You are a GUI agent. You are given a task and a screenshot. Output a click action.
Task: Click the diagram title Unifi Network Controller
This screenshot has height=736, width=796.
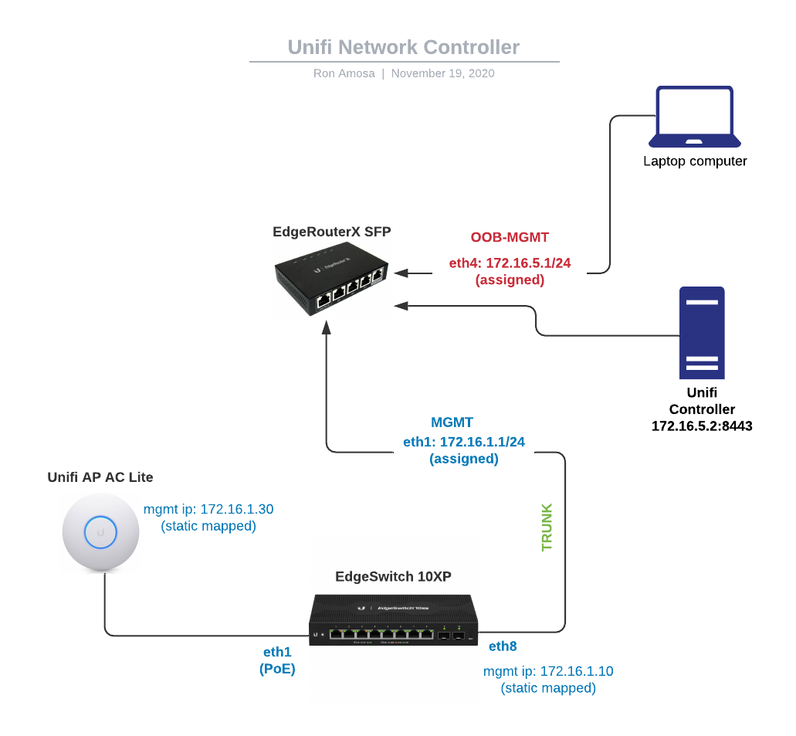[403, 47]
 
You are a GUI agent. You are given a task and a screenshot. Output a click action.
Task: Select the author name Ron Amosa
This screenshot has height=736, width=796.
[343, 73]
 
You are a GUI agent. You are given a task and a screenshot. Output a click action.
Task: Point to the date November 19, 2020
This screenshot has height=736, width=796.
[442, 73]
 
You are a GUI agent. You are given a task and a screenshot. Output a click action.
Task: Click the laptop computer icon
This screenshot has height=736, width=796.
[694, 117]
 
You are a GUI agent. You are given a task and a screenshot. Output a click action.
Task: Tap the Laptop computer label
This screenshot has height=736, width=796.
[695, 161]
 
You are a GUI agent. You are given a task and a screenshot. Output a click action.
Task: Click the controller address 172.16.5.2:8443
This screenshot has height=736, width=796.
[702, 426]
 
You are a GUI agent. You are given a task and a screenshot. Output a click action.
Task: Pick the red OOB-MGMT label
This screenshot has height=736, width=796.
[510, 237]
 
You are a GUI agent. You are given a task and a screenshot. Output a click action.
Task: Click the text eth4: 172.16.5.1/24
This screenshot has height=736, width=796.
[510, 263]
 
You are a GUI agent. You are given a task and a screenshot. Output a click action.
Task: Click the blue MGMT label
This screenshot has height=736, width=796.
[452, 422]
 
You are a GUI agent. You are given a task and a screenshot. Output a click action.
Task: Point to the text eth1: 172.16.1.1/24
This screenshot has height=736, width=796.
[464, 442]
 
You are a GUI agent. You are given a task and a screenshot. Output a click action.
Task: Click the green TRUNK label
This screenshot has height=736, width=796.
[547, 527]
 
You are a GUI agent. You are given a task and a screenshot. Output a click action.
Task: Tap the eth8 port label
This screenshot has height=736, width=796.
[502, 646]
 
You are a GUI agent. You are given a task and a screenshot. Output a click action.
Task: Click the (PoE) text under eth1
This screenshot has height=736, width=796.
[277, 670]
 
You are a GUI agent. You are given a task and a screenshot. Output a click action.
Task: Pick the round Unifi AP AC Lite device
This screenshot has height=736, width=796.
[100, 532]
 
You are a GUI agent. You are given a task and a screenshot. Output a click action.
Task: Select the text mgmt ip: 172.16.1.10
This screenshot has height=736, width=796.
[548, 671]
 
